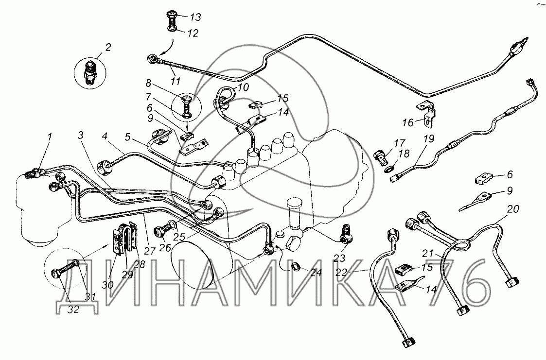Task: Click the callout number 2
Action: coord(107,48)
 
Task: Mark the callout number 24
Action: coord(316,273)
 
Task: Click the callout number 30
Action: coord(107,285)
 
